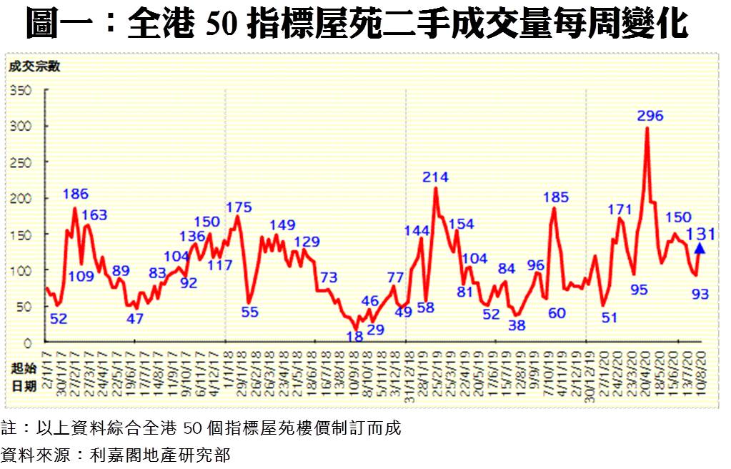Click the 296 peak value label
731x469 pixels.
tap(650, 116)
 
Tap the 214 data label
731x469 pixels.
tap(435, 177)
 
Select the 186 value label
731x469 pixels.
tap(75, 194)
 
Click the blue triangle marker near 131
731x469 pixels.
tap(700, 248)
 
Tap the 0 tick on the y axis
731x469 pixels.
tap(29, 343)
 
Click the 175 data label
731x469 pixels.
tap(239, 207)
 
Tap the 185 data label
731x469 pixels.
tap(555, 196)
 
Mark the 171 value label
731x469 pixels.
tap(620, 209)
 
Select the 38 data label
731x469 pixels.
tap(517, 325)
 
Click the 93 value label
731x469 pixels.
tap(700, 295)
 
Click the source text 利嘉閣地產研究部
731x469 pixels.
tap(161, 453)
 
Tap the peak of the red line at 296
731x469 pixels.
tap(647, 128)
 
